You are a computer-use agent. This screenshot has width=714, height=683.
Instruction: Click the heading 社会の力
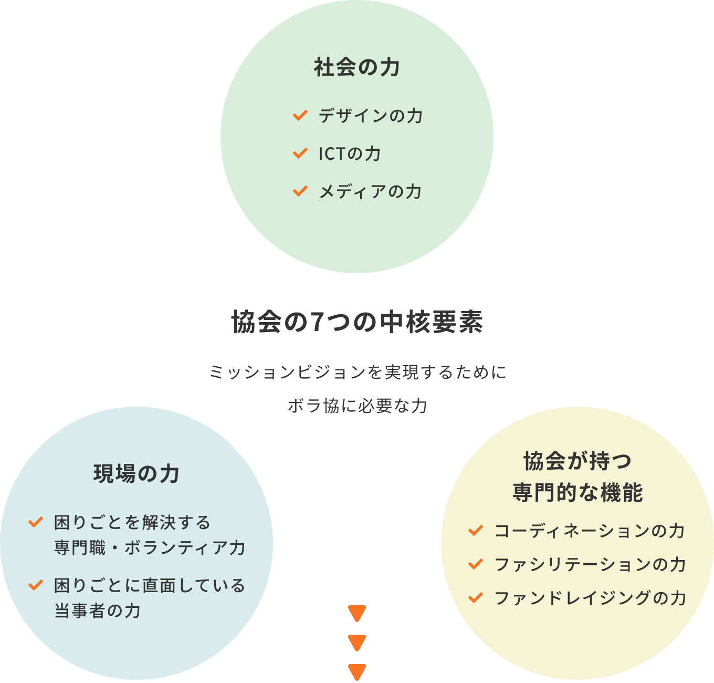(x=357, y=67)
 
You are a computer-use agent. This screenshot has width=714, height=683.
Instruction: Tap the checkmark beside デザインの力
(x=300, y=115)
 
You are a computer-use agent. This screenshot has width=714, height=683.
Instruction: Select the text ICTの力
(x=350, y=153)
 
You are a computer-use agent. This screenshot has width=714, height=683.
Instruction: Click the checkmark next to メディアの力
(x=300, y=191)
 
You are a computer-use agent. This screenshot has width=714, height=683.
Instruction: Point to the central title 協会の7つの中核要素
(x=357, y=322)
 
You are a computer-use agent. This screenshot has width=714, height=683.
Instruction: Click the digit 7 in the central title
(x=317, y=322)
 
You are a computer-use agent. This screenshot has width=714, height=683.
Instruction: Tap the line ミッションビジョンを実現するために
(x=358, y=372)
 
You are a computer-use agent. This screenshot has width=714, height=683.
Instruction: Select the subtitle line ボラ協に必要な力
(x=358, y=406)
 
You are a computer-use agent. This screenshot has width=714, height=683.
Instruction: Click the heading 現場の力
(x=136, y=473)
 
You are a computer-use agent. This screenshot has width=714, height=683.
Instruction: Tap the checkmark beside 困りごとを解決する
(x=35, y=522)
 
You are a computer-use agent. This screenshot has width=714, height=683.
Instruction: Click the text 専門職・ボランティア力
(x=150, y=547)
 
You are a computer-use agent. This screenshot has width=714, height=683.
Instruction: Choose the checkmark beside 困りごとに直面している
(x=35, y=585)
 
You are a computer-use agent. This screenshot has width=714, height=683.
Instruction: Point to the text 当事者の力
(x=98, y=610)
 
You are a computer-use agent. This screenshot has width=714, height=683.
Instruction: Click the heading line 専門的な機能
(x=577, y=492)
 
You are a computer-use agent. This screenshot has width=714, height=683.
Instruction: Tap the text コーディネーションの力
(x=590, y=531)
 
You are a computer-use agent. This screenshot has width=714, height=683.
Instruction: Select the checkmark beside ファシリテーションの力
(x=475, y=564)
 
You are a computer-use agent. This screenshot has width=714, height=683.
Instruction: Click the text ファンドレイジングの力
(x=591, y=598)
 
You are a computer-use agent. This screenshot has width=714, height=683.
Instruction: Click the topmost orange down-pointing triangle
(x=357, y=613)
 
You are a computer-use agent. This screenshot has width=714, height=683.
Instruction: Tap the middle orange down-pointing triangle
(x=357, y=643)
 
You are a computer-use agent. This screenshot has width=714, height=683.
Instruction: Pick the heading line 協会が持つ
(x=577, y=461)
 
